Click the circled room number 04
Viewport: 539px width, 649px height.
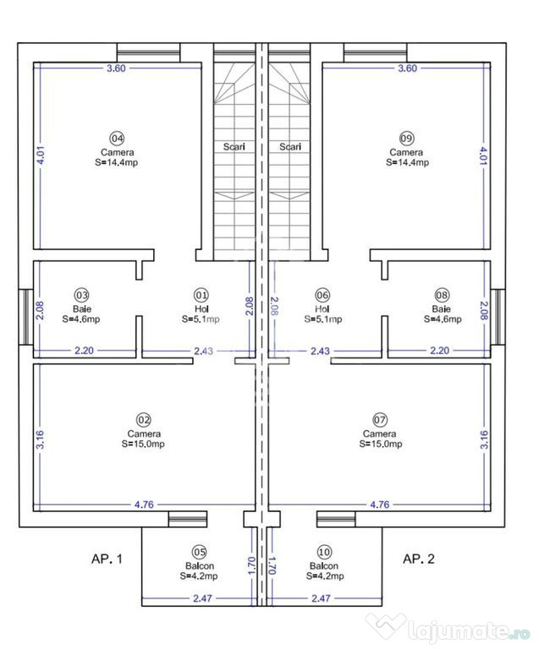[117, 138]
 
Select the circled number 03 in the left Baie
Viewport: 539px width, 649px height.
[81, 295]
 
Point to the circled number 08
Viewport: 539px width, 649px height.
[442, 295]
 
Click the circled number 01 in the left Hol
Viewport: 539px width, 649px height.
[201, 295]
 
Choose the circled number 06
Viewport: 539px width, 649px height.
[322, 295]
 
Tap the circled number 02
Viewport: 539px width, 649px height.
[143, 419]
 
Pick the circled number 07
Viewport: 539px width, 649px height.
[380, 419]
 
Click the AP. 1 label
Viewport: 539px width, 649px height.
[107, 559]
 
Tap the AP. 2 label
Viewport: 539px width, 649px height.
[418, 559]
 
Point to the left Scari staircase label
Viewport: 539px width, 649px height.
[234, 146]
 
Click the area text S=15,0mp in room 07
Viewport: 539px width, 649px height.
[380, 444]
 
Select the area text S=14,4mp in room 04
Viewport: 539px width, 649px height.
[117, 162]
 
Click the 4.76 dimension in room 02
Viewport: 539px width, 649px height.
[145, 504]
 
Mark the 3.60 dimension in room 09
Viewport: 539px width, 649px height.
[406, 69]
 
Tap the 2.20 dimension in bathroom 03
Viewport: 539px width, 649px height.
[83, 350]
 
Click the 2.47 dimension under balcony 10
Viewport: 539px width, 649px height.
[321, 598]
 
